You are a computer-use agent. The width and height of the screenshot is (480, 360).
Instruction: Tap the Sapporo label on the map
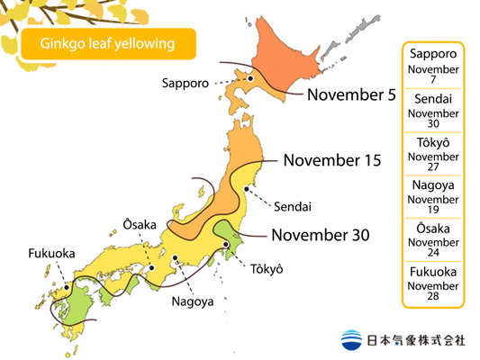coord(186,83)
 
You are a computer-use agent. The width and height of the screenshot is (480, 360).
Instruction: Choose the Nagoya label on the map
coord(193,301)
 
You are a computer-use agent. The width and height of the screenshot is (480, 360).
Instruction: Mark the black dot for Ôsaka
coord(153,266)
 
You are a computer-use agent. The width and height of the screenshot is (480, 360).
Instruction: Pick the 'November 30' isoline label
coord(320,235)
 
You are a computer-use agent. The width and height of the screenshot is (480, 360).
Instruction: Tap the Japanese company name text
coord(416,341)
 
